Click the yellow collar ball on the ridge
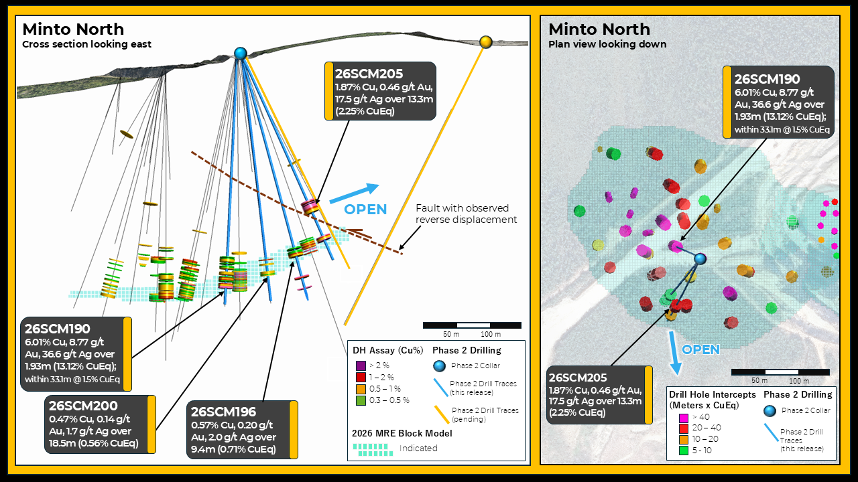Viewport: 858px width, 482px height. [x=486, y=42]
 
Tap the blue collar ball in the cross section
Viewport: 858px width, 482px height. [x=240, y=53]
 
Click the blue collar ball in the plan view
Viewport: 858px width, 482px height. [x=700, y=259]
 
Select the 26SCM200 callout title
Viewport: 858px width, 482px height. [x=83, y=406]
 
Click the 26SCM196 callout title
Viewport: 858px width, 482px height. [x=223, y=412]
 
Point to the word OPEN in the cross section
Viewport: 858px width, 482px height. [x=365, y=210]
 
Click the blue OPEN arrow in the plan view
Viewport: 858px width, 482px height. [x=674, y=353]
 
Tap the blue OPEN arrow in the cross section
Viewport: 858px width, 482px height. [x=355, y=193]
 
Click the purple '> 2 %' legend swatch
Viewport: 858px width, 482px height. [x=361, y=366]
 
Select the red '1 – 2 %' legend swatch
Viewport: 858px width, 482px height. [x=361, y=377]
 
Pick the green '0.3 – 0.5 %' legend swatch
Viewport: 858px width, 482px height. [x=361, y=400]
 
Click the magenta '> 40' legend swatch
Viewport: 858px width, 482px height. [x=683, y=417]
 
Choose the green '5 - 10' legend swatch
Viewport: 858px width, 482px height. [x=683, y=451]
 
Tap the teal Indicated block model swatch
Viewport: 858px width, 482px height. [x=373, y=450]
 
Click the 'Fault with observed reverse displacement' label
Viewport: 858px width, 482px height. [x=466, y=214]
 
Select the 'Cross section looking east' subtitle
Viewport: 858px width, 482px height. [x=86, y=44]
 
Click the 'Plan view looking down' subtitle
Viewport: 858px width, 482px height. [x=607, y=44]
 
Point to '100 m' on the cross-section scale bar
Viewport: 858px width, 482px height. [x=491, y=334]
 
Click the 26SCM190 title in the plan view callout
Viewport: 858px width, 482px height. [x=767, y=79]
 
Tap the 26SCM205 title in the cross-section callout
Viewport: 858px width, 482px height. [x=369, y=74]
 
